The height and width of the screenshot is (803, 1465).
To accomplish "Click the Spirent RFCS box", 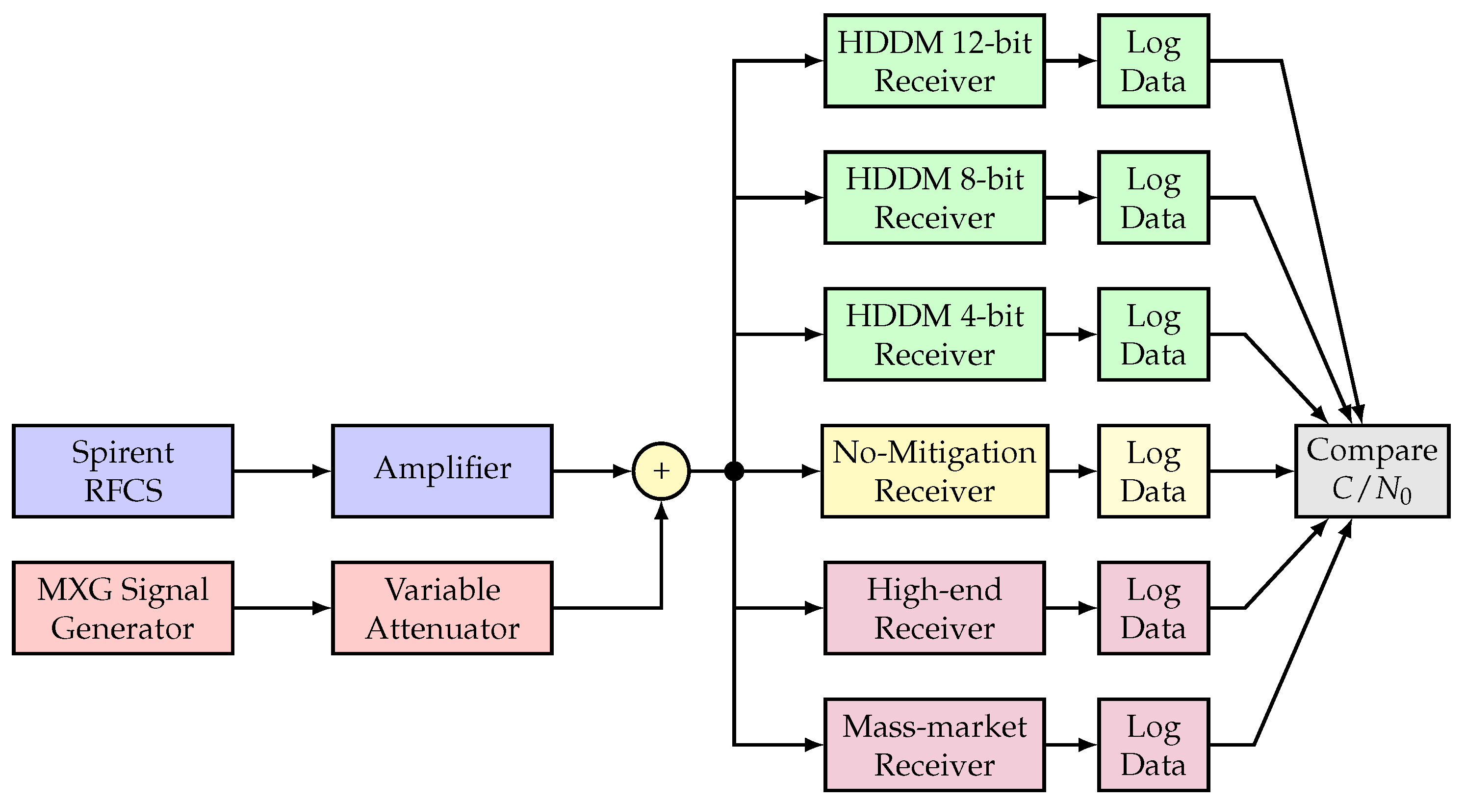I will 123,471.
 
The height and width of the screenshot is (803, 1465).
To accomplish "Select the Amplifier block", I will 442,471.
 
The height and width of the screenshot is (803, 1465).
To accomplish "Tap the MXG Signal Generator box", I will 123,608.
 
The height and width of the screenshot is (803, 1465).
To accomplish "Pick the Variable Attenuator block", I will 442,608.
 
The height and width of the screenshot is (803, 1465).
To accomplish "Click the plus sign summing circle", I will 661,471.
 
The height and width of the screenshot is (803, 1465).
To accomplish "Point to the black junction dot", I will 734,471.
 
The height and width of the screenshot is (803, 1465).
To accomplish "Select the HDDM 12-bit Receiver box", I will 934,61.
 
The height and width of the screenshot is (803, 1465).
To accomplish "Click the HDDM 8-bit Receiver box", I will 934,197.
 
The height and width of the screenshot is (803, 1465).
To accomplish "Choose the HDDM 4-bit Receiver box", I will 934,335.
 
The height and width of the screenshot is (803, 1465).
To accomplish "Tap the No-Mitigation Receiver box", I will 934,471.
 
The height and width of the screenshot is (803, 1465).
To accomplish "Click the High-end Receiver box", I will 934,608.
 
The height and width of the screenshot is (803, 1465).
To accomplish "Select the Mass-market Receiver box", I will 934,745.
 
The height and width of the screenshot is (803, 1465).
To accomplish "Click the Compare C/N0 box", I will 1372,471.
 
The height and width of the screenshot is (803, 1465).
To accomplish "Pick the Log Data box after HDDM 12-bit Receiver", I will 1154,61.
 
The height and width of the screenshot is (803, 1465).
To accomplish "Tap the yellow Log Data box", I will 1154,471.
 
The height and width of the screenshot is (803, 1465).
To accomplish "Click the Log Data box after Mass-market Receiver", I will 1154,745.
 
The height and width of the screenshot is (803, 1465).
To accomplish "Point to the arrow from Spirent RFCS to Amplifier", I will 282,471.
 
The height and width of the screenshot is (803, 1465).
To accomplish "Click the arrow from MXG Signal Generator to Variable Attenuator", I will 282,608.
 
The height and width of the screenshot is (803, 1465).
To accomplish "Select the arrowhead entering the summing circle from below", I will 661,510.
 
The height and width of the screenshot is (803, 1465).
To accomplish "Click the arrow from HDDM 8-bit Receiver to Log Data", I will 1071,197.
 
